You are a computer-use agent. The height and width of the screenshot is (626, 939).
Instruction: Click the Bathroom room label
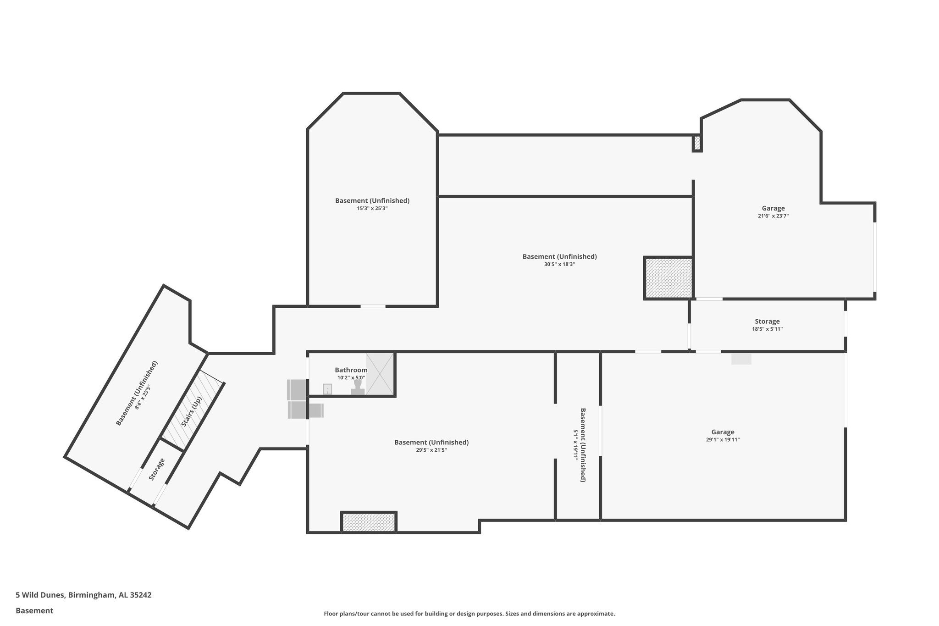point(351,370)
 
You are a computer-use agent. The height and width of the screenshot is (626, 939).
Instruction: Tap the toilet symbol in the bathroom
point(358,388)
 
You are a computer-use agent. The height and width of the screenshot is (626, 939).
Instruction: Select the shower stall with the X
point(380,374)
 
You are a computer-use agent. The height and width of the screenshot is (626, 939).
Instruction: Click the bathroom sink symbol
point(327,389)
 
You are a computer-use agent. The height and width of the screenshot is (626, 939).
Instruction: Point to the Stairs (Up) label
point(192,411)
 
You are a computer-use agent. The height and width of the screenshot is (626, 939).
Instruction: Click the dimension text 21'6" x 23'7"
point(773,216)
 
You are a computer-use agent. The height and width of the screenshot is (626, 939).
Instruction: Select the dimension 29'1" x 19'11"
point(723,440)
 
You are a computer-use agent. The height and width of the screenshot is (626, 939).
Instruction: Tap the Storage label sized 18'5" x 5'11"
point(767,321)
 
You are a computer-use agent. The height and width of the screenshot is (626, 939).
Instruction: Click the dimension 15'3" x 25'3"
point(372,208)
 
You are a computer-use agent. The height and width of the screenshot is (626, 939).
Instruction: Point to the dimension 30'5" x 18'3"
point(559,264)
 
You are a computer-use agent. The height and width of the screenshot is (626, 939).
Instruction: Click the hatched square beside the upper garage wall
point(668,278)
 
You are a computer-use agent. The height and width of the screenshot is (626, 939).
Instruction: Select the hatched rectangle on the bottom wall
point(369,522)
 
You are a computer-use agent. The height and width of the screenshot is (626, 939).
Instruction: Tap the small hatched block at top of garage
point(697,143)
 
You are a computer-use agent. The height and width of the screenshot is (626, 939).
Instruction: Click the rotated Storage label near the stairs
point(157,469)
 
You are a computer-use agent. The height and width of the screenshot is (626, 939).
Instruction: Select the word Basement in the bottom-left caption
point(34,610)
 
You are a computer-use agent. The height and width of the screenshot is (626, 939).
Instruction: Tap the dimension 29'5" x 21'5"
point(431,450)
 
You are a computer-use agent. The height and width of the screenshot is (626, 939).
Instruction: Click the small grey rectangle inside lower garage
point(741,359)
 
